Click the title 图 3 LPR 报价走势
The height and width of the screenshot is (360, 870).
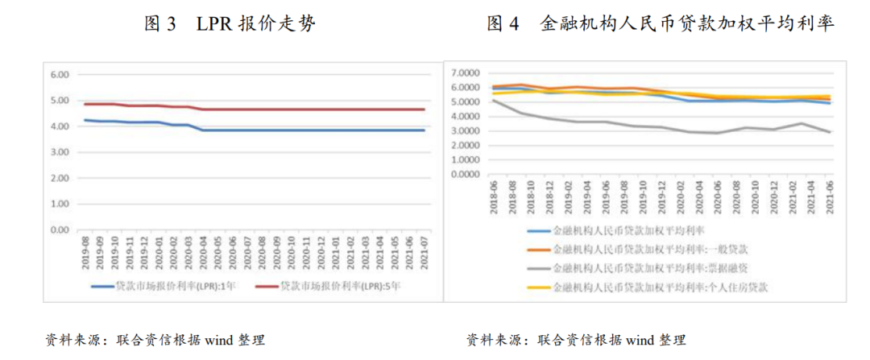pyautogui.click(x=230, y=24)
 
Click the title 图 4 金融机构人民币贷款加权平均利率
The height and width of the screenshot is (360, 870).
pyautogui.click(x=661, y=24)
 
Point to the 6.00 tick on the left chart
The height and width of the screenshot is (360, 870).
pyautogui.click(x=61, y=74)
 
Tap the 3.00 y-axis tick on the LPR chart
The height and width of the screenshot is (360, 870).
pyautogui.click(x=61, y=152)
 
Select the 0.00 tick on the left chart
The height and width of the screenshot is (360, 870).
pyautogui.click(x=61, y=230)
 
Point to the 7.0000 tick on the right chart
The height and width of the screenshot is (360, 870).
pyautogui.click(x=465, y=72)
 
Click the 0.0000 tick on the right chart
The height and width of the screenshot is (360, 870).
pyautogui.click(x=465, y=174)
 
